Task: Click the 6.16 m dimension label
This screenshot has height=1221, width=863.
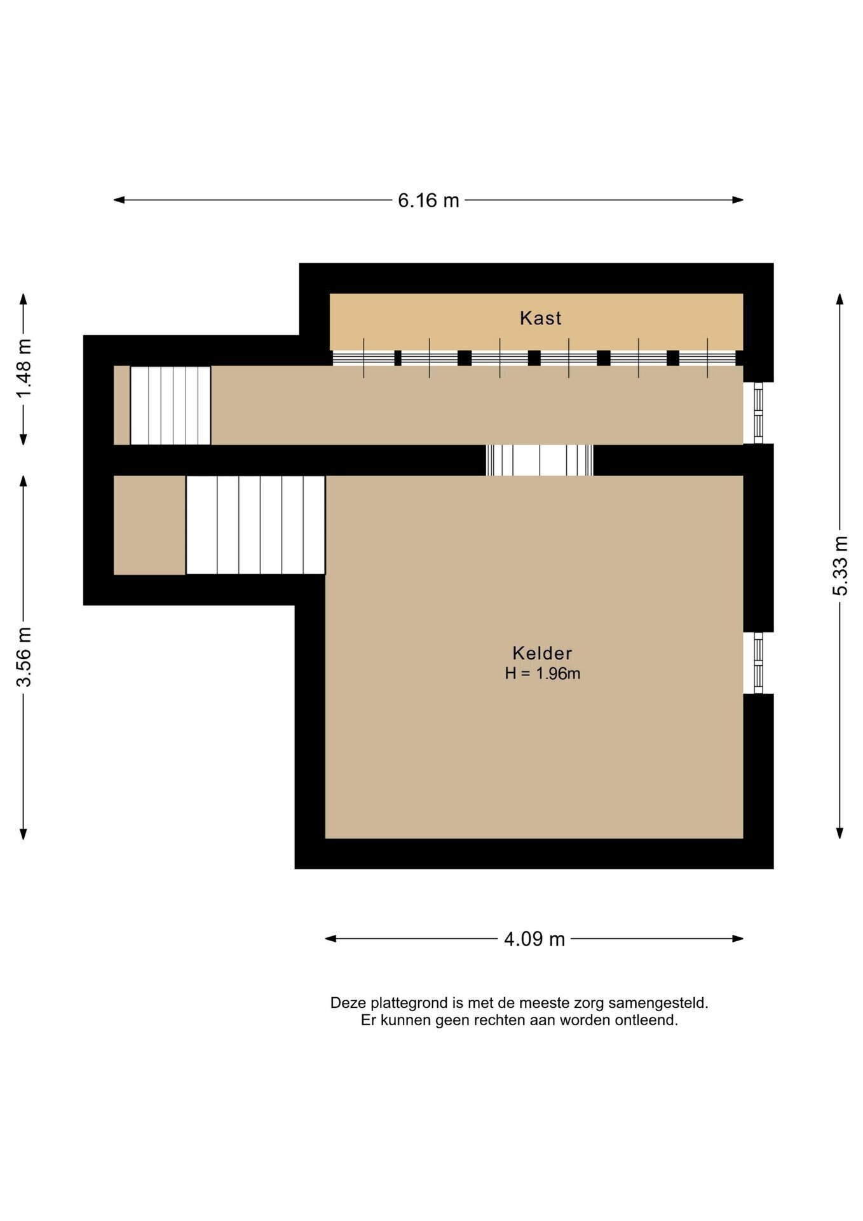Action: pos(428,200)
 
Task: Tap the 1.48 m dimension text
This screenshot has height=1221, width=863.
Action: pos(24,369)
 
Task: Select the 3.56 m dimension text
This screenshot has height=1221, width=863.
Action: pos(24,657)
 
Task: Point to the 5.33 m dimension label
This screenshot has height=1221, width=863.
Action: pos(840,565)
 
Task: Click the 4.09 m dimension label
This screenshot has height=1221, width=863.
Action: pos(534,939)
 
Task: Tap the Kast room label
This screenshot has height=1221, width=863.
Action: pos(541,318)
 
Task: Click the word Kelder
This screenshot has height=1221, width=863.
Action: pos(542,653)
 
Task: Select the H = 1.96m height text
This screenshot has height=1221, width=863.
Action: pos(543,673)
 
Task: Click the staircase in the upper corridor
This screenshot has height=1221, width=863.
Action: pos(170,405)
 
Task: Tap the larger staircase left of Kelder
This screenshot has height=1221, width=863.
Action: pos(255,525)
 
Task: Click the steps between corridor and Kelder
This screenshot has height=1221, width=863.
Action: pos(540,460)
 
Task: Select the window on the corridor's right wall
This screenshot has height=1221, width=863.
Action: pos(758,413)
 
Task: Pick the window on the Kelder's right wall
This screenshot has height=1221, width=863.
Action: pos(758,663)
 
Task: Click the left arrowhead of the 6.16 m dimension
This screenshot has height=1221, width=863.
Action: pos(119,200)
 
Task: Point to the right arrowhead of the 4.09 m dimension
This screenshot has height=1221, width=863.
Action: pos(738,939)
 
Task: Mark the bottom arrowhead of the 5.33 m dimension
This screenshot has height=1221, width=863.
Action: pos(840,833)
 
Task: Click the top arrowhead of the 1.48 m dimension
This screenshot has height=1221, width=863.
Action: pos(24,300)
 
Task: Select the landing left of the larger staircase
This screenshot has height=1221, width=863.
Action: pos(149,525)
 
